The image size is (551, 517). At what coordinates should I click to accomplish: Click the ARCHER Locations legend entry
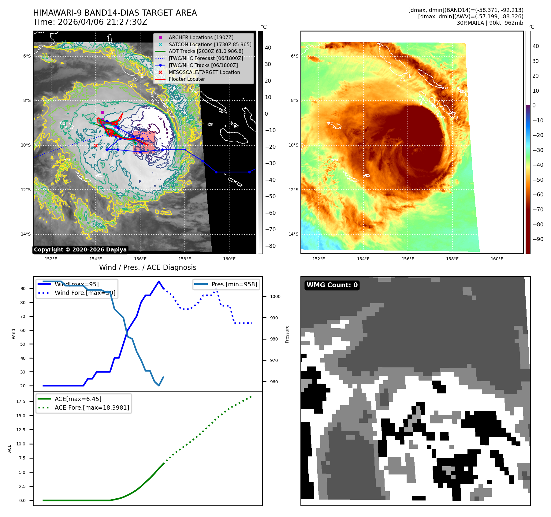tap(201, 37)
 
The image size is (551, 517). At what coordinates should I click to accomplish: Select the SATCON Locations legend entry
tap(210, 44)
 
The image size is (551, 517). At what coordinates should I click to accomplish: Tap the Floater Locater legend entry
tap(187, 79)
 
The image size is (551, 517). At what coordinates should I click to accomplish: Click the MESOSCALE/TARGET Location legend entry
tap(204, 72)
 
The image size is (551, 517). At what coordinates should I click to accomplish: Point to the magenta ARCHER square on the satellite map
tap(102, 112)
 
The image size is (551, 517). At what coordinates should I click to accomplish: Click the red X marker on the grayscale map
tap(96, 146)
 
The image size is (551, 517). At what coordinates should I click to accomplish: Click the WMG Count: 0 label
tap(332, 285)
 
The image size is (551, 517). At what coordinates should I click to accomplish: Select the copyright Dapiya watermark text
tap(80, 250)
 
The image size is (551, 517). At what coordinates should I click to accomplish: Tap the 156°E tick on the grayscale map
tap(140, 259)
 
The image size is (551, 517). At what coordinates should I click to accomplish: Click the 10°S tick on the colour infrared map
tap(293, 145)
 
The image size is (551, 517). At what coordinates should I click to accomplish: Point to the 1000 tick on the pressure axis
tap(275, 296)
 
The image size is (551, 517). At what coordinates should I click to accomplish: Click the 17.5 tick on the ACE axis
tap(21, 401)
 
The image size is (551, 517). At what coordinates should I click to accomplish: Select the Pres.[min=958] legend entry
tap(234, 284)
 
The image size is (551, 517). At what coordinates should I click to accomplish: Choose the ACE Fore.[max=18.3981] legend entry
tap(91, 407)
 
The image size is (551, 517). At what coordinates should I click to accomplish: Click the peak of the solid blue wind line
tap(159, 281)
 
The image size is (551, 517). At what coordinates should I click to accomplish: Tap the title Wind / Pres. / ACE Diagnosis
tap(147, 267)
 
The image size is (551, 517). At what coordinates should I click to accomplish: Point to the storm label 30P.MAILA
tap(470, 23)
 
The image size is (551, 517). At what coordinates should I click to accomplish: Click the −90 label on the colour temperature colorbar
tap(538, 239)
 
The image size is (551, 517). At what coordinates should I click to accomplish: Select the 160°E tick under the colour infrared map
tap(497, 259)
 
